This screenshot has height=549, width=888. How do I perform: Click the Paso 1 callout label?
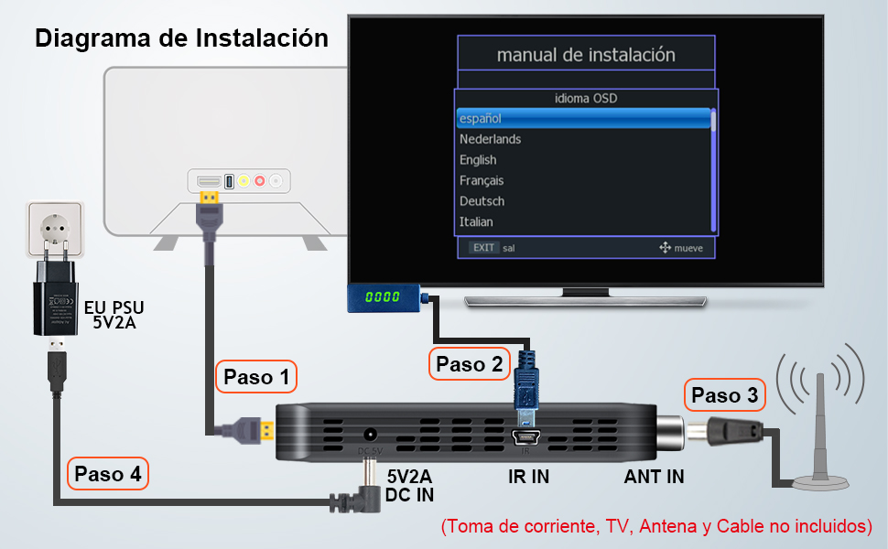(x=256, y=376)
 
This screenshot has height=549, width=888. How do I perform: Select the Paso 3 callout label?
(x=725, y=395)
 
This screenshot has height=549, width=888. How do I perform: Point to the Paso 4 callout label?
(x=108, y=474)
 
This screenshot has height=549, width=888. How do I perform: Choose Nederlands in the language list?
(x=491, y=139)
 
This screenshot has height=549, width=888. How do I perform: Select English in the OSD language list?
(x=478, y=160)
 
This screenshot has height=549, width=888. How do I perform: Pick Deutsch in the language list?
(x=482, y=201)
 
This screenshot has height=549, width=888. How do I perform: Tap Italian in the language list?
(x=476, y=221)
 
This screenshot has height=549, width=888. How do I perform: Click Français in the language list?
(x=482, y=180)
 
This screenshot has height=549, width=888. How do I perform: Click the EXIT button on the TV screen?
(x=483, y=247)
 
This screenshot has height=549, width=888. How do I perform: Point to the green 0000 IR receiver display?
(x=383, y=297)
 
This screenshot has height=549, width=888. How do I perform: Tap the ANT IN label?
(x=654, y=476)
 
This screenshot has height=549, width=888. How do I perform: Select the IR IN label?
(x=528, y=476)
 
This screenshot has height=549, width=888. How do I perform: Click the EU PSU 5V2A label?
(x=114, y=313)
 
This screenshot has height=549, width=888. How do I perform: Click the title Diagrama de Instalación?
(x=181, y=38)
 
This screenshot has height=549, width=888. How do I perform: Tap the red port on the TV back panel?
(x=260, y=181)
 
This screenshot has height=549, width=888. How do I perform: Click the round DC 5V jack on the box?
(x=371, y=436)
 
